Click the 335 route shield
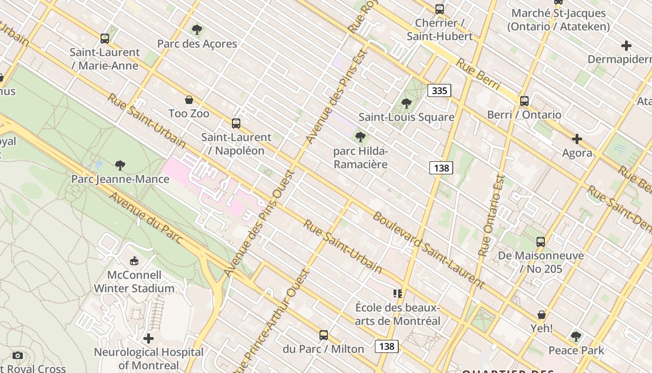pos(439,90)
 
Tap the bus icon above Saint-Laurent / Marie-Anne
pos(105,38)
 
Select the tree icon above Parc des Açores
pos(197,30)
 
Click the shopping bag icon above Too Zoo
pos(189,100)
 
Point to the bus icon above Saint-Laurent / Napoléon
pos(236,124)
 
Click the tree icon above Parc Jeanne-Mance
pos(120,165)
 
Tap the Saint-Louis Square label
pos(406,117)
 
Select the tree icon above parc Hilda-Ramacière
pos(360,137)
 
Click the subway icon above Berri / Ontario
pos(524,101)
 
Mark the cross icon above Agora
pos(577,139)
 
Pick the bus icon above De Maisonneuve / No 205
pos(541,242)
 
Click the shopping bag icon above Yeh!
pos(542,315)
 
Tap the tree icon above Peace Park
pos(576,336)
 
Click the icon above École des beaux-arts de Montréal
pos(397,294)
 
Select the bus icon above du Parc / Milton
pos(324,335)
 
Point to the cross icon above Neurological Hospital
pos(149,338)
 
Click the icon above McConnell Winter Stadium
pos(134,261)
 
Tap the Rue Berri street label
pos(478,75)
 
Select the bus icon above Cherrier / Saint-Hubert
pos(439,9)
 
